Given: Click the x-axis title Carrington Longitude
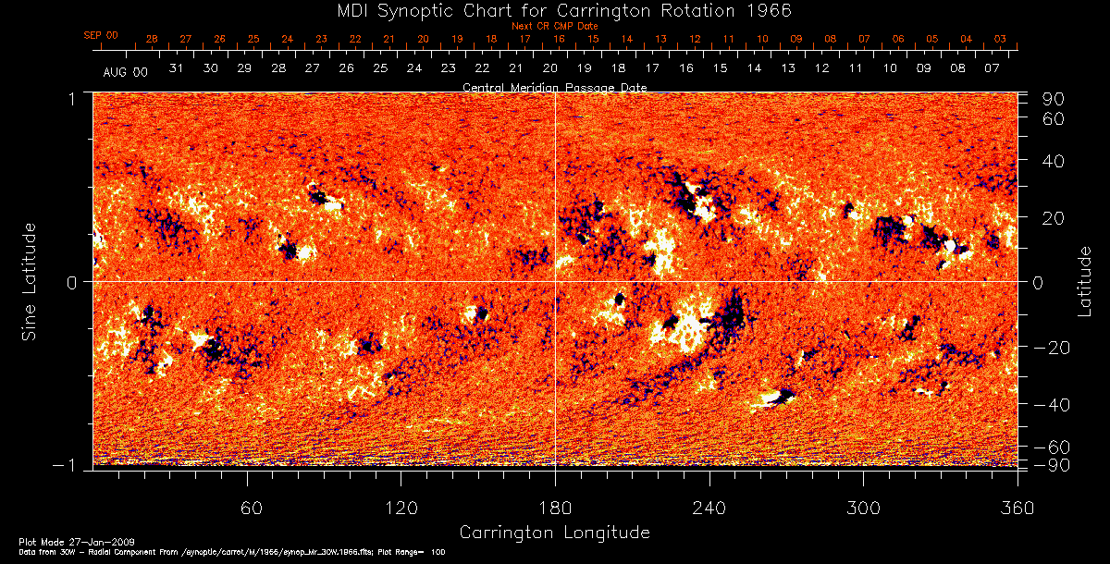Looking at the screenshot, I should pos(554,533).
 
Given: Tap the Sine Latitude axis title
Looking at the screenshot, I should pos(30,281).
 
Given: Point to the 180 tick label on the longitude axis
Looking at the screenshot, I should pos(555,508).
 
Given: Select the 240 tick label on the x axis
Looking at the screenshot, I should pos(709,508).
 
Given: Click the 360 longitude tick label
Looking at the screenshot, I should pos(1017,508).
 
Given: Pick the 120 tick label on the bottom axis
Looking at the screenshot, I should pos(401,508).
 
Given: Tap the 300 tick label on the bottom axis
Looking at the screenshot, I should pos(863,508).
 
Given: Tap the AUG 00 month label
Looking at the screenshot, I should pos(125,71).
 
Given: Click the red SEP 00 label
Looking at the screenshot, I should pos(101,35).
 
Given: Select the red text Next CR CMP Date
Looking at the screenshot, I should pos(554,26).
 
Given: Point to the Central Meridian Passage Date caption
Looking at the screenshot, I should pos(554,87).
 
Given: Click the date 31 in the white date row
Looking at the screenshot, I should pos(177,68).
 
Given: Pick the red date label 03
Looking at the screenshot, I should pos(1000,39).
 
